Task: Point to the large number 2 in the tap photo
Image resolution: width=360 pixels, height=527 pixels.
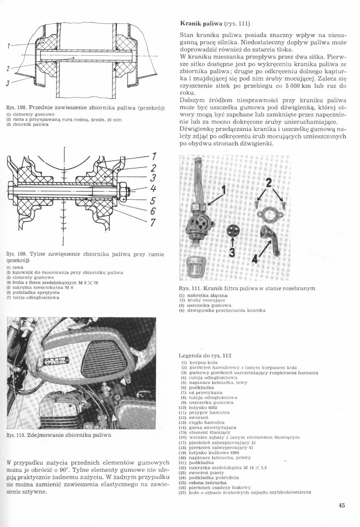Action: coord(270,184)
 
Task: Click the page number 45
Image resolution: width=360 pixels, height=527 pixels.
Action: coord(342,505)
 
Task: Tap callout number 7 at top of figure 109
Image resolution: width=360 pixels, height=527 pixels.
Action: coord(153,157)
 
